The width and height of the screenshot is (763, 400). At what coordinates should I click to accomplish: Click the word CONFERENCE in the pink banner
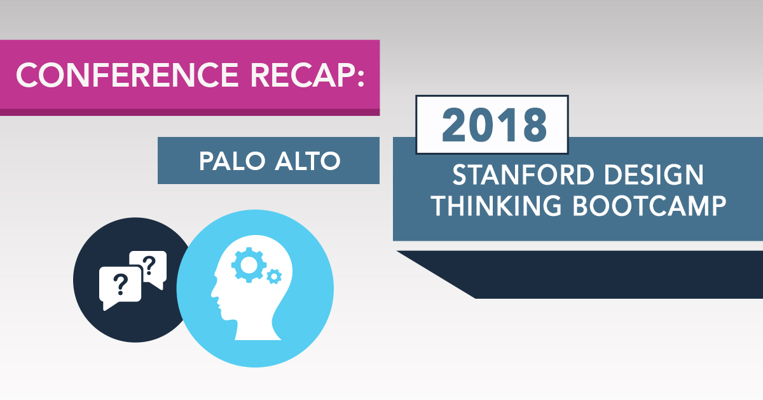[x=127, y=75]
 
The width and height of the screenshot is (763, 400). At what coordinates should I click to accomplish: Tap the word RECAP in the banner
[x=302, y=75]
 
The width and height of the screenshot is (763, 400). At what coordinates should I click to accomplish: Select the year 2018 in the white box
[x=494, y=125]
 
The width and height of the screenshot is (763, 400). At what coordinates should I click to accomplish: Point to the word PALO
[x=232, y=161]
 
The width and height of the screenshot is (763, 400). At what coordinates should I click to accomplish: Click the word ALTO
[x=308, y=161]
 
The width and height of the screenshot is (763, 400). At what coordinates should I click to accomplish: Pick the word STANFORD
[x=523, y=175]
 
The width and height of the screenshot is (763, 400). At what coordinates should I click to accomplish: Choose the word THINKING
[x=497, y=206]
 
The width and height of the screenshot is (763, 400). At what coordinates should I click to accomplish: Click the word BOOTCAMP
[x=649, y=206]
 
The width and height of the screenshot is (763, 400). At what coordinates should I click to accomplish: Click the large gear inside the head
[x=249, y=265]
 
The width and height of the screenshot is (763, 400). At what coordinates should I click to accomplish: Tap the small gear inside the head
[x=274, y=276]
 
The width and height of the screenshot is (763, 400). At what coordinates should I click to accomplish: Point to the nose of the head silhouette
[x=213, y=292]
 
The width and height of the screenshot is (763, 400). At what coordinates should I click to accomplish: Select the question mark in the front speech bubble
[x=120, y=285]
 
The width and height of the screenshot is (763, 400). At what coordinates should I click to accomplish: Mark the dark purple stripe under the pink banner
[x=189, y=112]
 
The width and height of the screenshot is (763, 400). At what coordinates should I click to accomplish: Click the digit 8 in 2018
[x=535, y=125]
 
